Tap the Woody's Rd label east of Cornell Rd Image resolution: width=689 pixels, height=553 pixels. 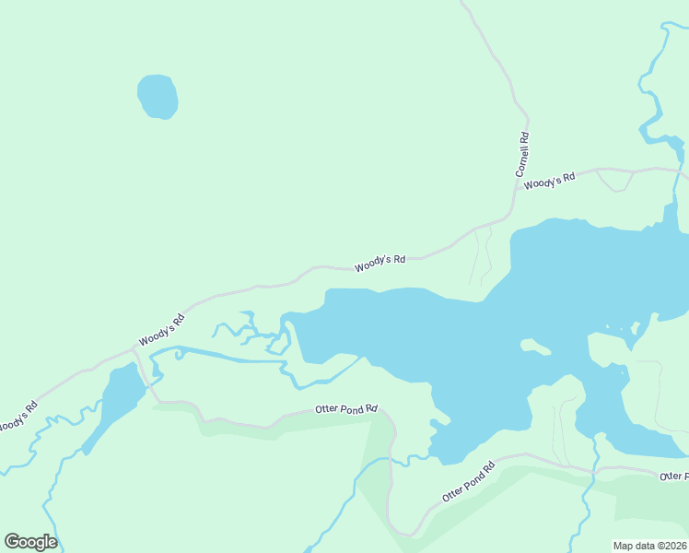tap(549, 180)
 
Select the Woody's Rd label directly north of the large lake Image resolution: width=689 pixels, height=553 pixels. tap(380, 263)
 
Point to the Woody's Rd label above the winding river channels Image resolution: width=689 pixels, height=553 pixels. tap(162, 330)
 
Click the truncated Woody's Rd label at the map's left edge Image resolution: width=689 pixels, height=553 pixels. tap(17, 417)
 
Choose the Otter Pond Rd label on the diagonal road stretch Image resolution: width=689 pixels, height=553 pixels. tap(468, 480)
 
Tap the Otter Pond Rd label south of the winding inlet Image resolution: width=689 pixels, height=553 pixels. tap(346, 408)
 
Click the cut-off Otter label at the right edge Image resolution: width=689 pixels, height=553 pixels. tap(674, 476)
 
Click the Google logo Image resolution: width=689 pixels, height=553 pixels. tap(30, 542)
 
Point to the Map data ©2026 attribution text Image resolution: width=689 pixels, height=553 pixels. tap(650, 546)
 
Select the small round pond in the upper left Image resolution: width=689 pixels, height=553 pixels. tap(158, 96)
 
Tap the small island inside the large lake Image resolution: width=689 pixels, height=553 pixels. tap(535, 347)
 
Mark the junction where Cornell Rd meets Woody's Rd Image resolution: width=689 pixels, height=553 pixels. tap(512, 214)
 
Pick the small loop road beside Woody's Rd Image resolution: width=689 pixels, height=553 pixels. tap(612, 181)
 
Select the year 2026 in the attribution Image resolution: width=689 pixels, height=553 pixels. tap(677, 546)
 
